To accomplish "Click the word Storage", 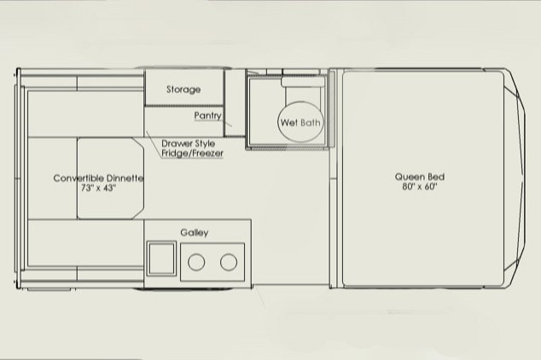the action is tap(183, 90).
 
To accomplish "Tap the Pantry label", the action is tap(207, 115).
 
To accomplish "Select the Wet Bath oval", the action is tap(300, 122).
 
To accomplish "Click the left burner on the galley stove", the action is tap(196, 262).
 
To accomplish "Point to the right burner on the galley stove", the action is tap(229, 262).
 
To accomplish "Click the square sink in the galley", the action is tap(161, 258).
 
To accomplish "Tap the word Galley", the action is tap(195, 232).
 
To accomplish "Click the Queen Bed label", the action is tap(420, 177).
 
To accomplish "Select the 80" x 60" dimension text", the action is tap(420, 187).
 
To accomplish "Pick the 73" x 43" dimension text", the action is tap(99, 188).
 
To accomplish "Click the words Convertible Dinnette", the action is tap(98, 178).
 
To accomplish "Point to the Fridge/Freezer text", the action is tap(192, 153).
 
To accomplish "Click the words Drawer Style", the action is tap(188, 143).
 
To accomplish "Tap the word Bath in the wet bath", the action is tap(310, 122).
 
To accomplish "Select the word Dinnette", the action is tap(125, 178).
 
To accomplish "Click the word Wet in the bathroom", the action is tap(289, 122).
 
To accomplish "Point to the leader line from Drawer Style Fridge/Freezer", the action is tap(154, 144).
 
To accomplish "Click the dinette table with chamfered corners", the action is tap(110, 178).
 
